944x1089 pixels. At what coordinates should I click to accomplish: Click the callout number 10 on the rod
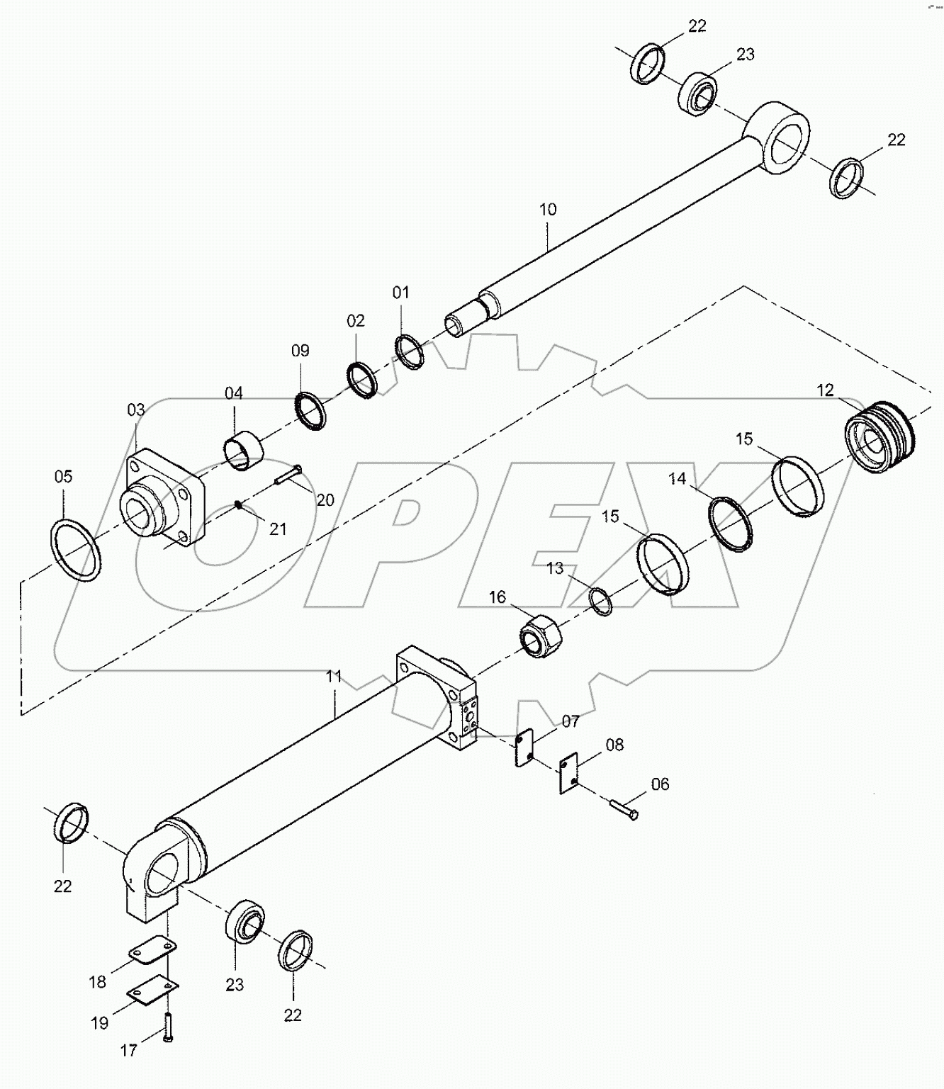click(548, 210)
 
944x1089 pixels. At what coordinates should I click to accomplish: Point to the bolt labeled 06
click(623, 808)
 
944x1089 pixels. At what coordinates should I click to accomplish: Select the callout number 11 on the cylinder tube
click(334, 677)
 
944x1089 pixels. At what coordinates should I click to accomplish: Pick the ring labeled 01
click(410, 351)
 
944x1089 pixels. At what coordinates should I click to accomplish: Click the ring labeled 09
click(310, 410)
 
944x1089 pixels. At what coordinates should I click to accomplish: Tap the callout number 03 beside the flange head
click(136, 410)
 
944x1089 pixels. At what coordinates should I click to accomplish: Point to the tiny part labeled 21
click(240, 504)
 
